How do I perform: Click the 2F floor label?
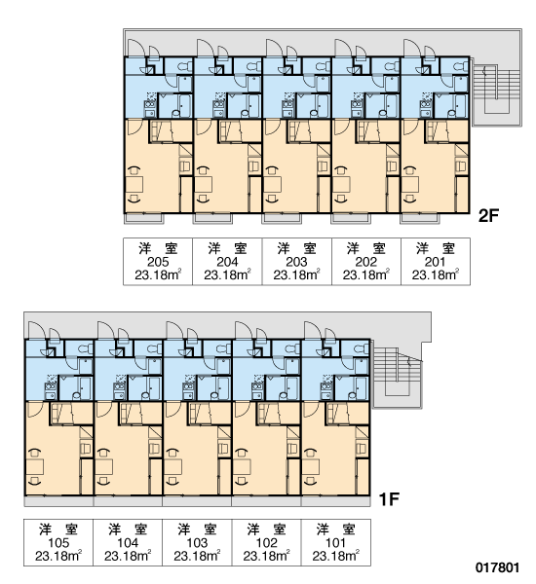(488, 215)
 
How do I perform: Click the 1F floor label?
(389, 499)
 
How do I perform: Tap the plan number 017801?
(497, 567)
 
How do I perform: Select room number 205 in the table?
(158, 262)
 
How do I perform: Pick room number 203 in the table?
(296, 262)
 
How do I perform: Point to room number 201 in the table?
(435, 262)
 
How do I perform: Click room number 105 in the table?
(58, 543)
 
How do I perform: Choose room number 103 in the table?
(197, 543)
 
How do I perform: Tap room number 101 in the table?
(335, 543)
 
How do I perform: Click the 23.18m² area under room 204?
(227, 274)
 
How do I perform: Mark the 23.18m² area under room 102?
(266, 556)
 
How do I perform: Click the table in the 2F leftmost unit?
(134, 185)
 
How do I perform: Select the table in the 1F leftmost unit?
(35, 467)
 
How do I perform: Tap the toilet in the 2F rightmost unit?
(460, 66)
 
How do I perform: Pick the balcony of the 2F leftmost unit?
(143, 218)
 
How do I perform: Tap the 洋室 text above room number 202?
(365, 248)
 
